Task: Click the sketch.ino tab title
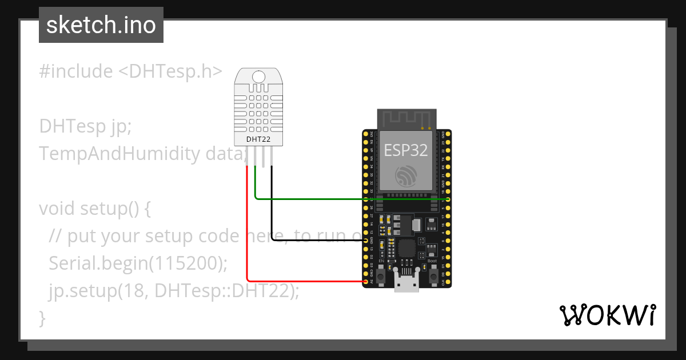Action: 101,25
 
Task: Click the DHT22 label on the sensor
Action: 258,138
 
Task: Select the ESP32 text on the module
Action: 406,150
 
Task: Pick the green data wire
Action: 343,199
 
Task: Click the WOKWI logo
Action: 607,314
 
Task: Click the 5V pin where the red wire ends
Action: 366,281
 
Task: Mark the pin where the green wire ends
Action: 448,199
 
